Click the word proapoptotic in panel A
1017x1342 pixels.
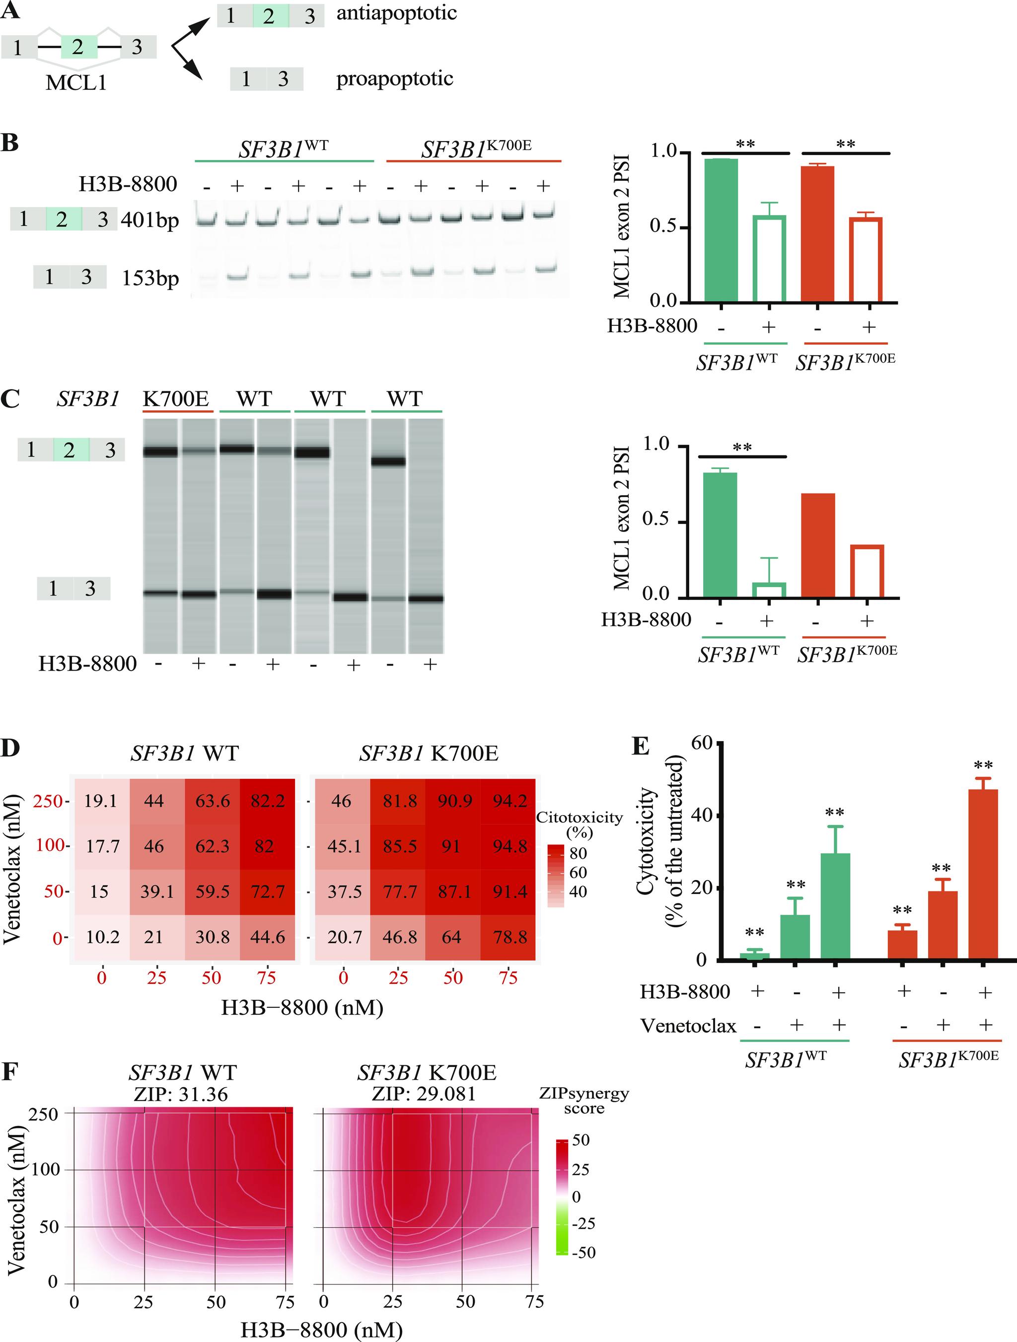click(395, 79)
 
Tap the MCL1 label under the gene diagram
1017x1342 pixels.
click(76, 82)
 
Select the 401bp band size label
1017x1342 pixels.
click(150, 220)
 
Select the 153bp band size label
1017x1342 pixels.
click(150, 279)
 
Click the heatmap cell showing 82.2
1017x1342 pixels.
click(268, 802)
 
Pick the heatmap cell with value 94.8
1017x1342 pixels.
click(509, 846)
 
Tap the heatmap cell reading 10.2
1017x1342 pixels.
click(102, 937)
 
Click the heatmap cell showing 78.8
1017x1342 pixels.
click(509, 937)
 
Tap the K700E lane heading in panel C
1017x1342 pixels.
click(176, 399)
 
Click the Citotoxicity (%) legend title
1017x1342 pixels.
click(579, 824)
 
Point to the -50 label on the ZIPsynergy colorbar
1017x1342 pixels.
click(583, 1252)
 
